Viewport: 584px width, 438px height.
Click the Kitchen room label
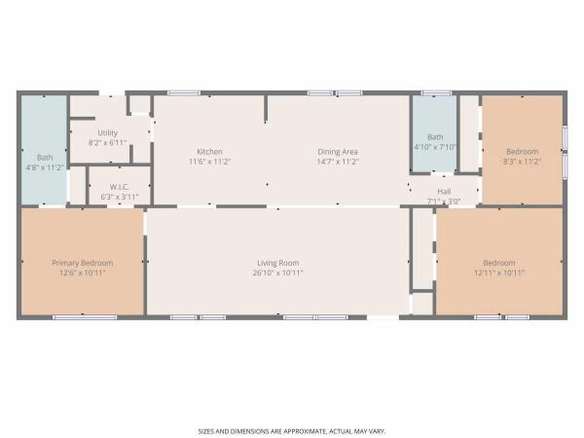coord(209,152)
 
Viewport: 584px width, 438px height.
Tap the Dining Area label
coord(338,152)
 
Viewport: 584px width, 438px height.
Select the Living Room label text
coord(277,263)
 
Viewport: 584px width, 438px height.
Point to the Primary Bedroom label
coord(83,263)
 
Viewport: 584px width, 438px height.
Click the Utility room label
coord(108,133)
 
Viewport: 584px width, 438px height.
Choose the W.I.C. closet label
coord(120,187)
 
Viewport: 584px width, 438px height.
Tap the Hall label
coord(444,192)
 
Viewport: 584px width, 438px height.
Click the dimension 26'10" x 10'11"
coord(277,273)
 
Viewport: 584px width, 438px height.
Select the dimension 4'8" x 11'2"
coord(45,167)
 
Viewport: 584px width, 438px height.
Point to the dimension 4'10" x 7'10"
coord(435,147)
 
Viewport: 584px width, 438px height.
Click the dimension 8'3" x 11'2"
coord(522,162)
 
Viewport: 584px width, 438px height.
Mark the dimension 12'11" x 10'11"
coord(499,273)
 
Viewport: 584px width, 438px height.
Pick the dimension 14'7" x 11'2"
coord(338,162)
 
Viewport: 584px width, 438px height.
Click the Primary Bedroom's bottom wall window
coord(85,317)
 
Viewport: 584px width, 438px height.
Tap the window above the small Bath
coord(436,93)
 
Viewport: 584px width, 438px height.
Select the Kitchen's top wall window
coord(184,93)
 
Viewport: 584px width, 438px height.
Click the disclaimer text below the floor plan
coord(292,431)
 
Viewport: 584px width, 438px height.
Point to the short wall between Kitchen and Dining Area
coord(266,108)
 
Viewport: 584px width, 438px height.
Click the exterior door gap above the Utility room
coord(112,93)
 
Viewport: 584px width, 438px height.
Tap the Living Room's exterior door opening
coord(383,317)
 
